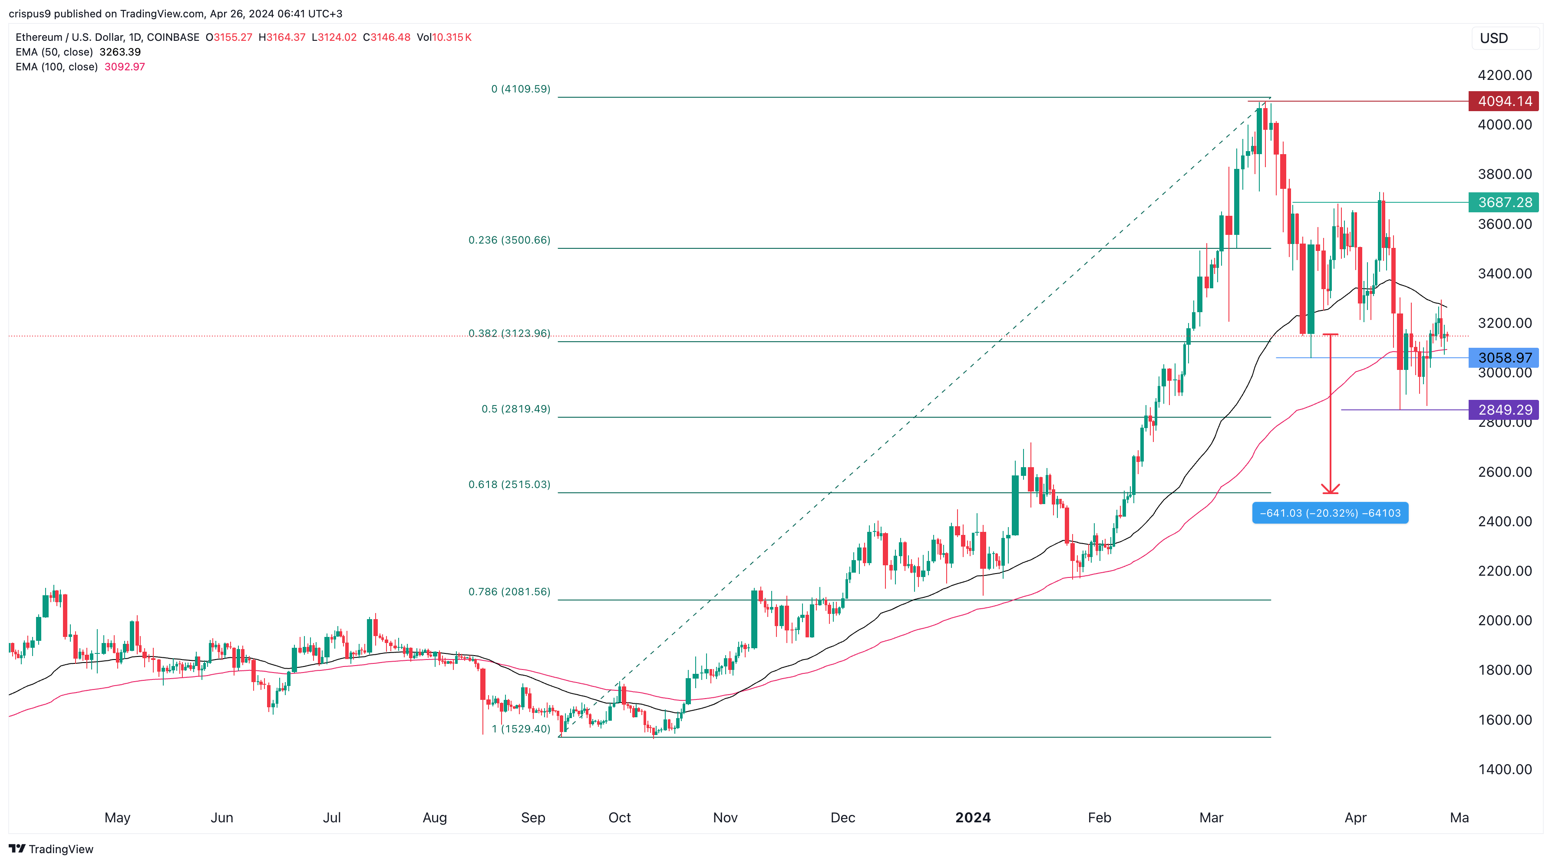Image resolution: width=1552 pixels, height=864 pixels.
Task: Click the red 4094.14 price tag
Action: (1504, 101)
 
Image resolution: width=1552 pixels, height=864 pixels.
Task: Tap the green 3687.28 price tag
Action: (1504, 202)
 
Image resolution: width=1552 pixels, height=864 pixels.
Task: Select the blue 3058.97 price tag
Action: (1504, 358)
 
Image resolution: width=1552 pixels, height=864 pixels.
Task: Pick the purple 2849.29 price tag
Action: (1504, 410)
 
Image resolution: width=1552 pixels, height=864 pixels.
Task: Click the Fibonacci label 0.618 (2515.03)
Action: (509, 485)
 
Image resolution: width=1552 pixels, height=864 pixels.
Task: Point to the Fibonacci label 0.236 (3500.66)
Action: (509, 240)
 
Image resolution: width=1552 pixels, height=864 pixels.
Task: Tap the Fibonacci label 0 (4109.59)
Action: (521, 89)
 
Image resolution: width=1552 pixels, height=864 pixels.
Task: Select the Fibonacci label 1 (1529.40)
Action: (521, 729)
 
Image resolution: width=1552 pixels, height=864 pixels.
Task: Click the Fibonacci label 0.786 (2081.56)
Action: (509, 592)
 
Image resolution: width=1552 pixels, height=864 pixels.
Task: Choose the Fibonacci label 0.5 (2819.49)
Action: (516, 409)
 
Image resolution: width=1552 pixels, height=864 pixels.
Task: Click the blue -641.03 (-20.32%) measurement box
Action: (1330, 513)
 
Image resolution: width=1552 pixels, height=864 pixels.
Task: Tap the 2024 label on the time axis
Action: (972, 818)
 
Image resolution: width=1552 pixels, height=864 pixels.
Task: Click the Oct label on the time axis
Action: (619, 818)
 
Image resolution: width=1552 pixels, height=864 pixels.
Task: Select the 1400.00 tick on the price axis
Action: (1504, 769)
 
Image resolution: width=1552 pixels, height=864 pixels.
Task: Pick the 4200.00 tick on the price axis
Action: (1504, 75)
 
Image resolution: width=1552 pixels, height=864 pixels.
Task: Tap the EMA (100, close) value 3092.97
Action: (125, 67)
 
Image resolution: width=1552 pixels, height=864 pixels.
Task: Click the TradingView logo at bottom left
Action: (51, 849)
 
